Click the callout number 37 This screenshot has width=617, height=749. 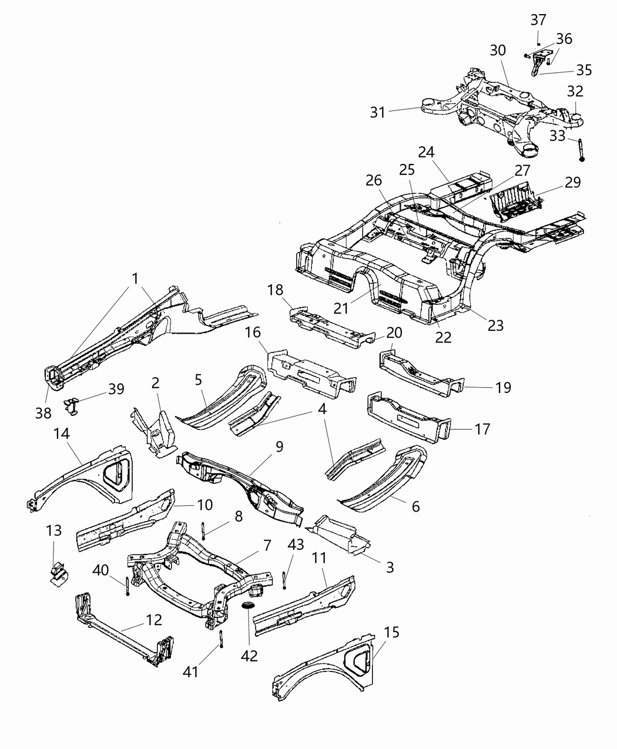point(538,20)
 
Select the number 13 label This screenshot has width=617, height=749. point(53,531)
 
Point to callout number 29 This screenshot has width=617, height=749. point(572,182)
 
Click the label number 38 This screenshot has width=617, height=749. point(43,414)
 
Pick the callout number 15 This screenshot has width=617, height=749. point(392,633)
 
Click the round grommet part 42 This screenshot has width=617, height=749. point(249,606)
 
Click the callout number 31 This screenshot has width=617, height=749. point(378,111)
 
